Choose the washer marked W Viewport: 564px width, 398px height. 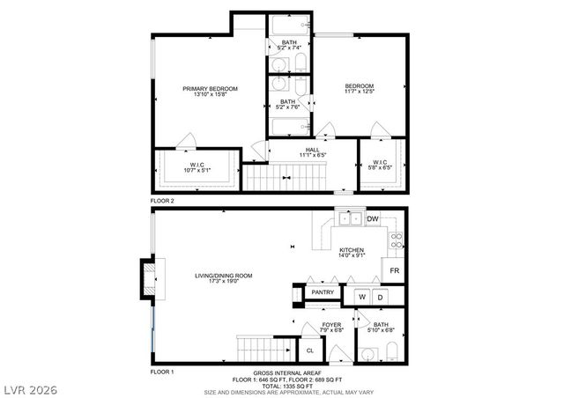click(361, 298)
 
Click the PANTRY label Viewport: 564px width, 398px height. click(323, 293)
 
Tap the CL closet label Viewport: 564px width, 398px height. click(309, 350)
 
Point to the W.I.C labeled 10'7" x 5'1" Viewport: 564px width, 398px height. click(197, 166)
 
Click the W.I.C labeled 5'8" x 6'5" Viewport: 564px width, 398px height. click(381, 165)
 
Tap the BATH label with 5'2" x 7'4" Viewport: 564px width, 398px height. click(289, 45)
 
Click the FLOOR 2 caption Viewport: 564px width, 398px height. click(162, 201)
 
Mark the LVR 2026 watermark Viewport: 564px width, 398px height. click(29, 387)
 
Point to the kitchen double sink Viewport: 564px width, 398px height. click(349, 218)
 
